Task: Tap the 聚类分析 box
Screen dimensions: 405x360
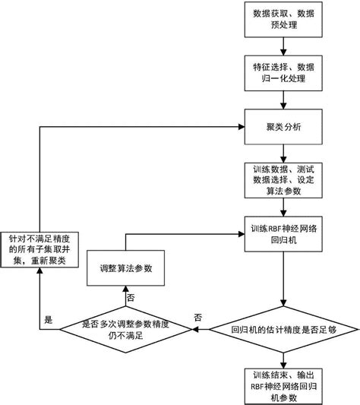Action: pos(283,126)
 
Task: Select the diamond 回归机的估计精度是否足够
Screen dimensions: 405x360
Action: pos(283,331)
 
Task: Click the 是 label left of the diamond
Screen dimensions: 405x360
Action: pos(49,321)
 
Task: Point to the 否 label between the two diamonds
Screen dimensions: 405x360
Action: pos(198,316)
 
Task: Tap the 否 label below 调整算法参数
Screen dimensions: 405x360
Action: pos(131,297)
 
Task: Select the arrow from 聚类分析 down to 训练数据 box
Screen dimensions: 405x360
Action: pos(283,151)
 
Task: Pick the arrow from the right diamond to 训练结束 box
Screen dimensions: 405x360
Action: pos(283,356)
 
